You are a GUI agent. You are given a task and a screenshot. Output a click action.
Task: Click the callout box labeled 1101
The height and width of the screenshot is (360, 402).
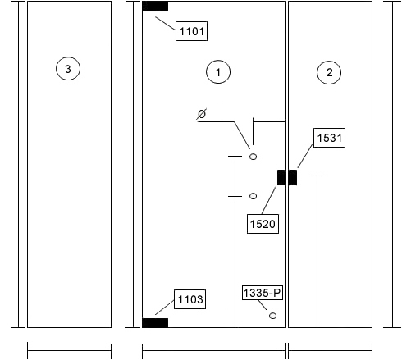tap(191, 31)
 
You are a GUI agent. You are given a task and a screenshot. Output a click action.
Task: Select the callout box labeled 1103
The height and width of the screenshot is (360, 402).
tap(190, 299)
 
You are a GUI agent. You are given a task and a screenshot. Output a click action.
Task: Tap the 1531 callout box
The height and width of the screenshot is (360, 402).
tap(329, 138)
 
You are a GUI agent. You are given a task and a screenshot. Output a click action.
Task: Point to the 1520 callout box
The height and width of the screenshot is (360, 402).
tap(263, 224)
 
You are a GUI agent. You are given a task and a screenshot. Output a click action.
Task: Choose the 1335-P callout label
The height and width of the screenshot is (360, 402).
tap(263, 293)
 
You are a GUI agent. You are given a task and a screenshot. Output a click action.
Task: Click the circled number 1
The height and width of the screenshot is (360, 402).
tap(218, 72)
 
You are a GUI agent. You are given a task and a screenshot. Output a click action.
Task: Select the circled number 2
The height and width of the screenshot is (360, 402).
tap(329, 72)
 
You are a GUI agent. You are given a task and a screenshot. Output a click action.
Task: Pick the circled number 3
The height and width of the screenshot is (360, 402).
tap(68, 69)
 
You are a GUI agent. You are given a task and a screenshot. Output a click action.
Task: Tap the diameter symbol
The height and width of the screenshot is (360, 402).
tap(202, 114)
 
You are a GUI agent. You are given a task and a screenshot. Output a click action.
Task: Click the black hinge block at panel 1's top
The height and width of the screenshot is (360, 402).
tap(155, 7)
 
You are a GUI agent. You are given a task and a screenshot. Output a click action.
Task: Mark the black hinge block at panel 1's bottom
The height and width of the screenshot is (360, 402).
tap(155, 323)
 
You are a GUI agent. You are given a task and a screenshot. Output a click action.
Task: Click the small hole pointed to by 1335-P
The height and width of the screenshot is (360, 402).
tap(272, 316)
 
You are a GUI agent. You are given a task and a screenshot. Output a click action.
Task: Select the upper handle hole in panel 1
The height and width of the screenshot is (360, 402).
tap(253, 157)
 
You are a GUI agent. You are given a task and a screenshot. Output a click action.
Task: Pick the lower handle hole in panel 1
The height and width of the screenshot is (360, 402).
tap(253, 196)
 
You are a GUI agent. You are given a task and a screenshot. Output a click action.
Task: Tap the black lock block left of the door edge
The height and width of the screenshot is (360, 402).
tap(281, 177)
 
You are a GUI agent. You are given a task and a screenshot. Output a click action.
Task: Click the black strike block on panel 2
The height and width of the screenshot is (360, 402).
tap(293, 177)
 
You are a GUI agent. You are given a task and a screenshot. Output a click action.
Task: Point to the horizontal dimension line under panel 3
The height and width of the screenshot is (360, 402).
tap(69, 351)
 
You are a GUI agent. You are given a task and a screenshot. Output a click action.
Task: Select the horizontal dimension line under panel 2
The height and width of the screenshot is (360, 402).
tap(330, 351)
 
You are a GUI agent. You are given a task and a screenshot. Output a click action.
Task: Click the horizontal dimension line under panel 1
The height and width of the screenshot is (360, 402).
tap(213, 351)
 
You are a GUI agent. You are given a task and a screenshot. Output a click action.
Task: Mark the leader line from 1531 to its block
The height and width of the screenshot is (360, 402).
tap(305, 155)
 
